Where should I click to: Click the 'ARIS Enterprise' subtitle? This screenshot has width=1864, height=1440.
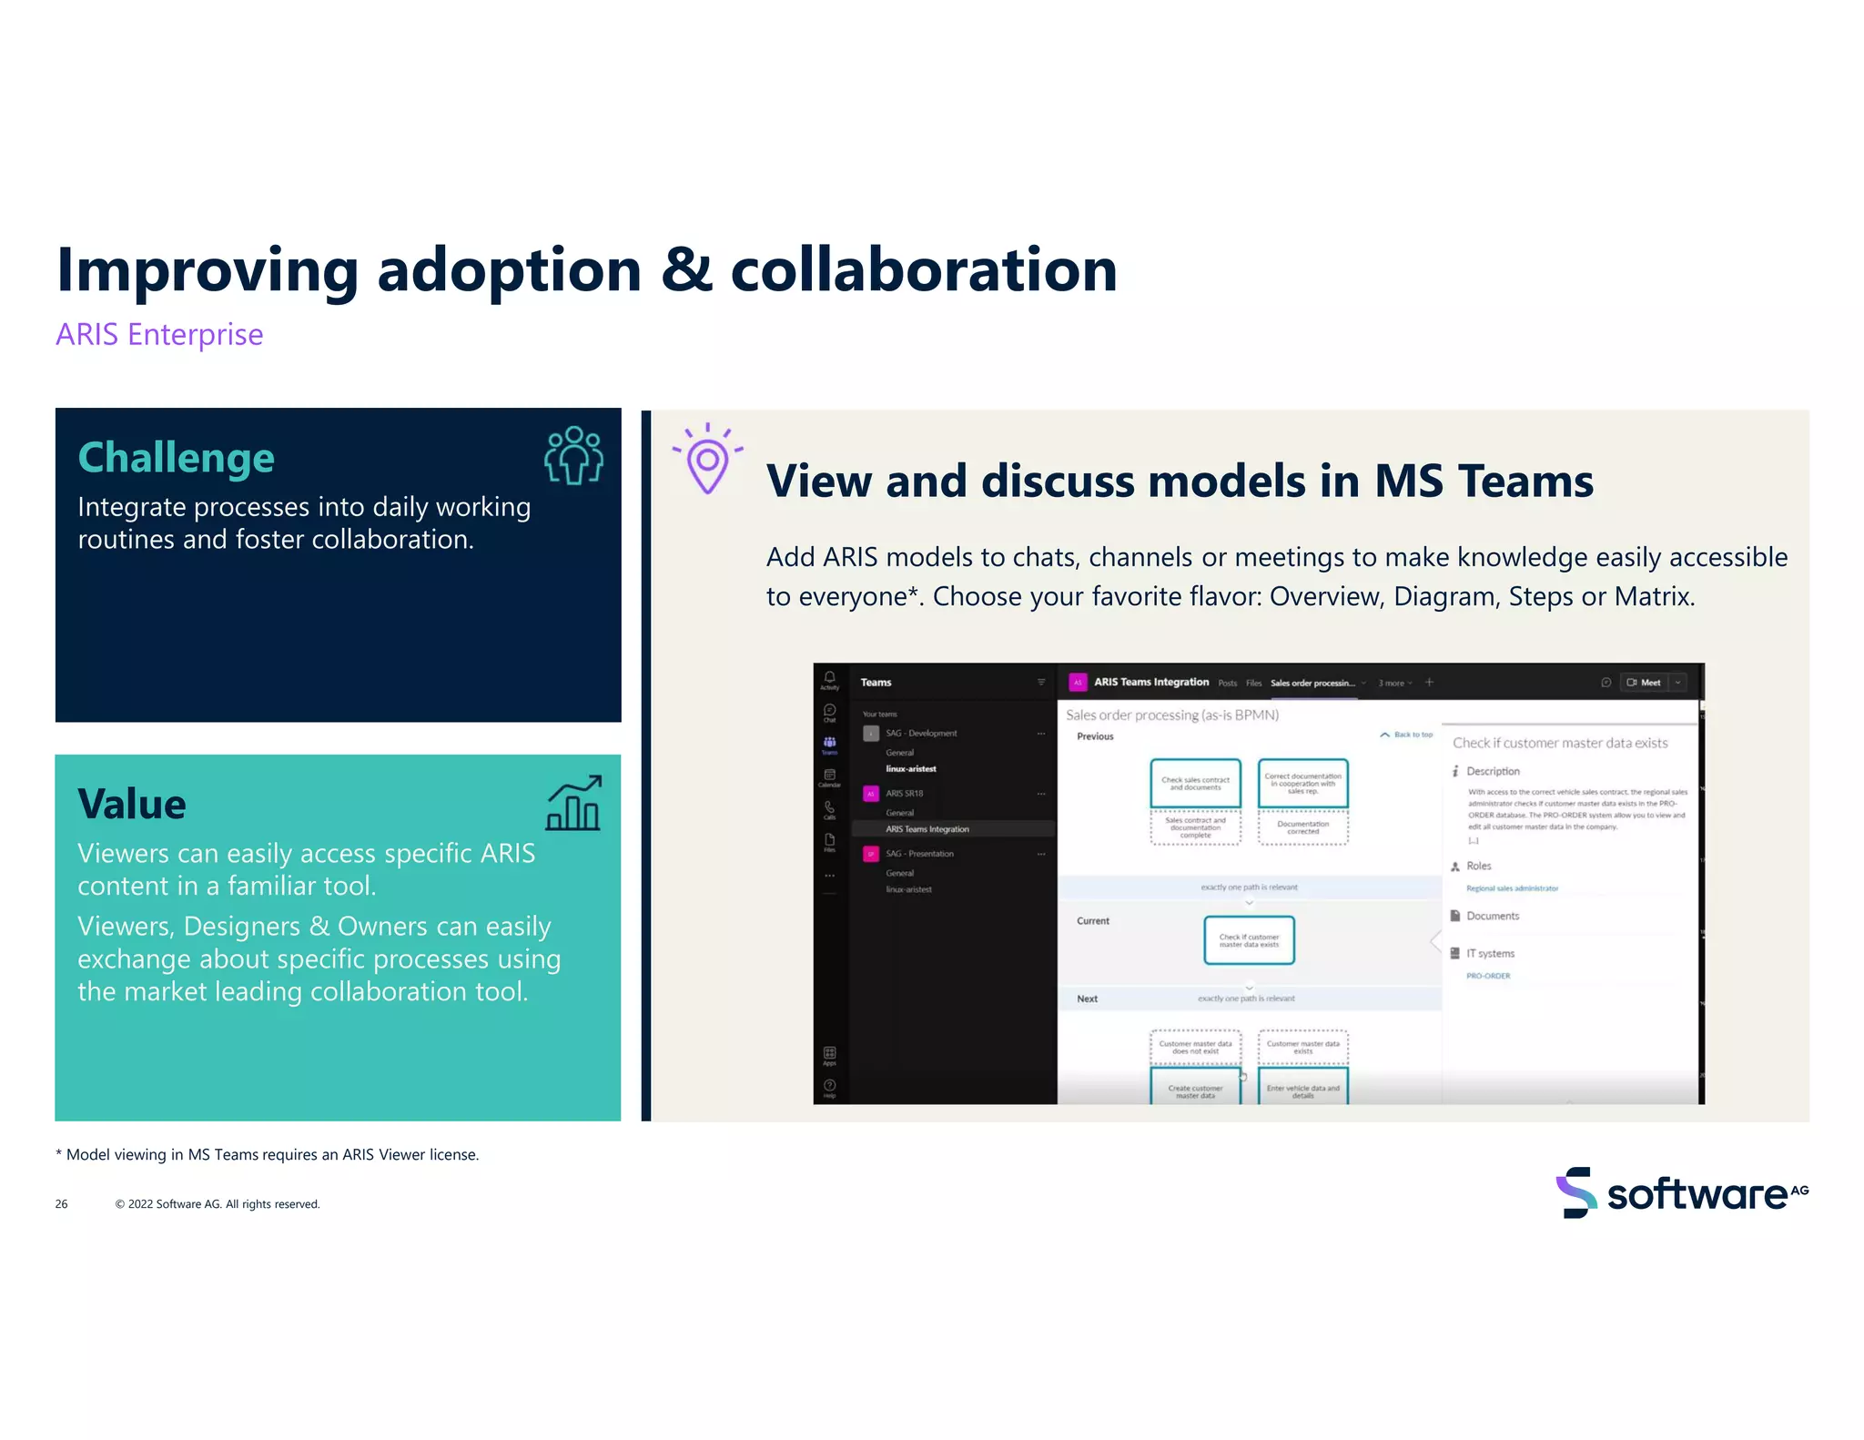pos(159,335)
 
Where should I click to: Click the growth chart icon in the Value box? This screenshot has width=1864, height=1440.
pos(573,803)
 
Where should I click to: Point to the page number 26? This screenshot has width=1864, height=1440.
pos(61,1203)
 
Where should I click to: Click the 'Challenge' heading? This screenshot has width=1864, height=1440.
pos(176,457)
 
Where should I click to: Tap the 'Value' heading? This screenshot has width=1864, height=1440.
pos(132,804)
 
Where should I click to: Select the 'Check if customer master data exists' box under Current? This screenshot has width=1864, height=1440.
pos(1249,940)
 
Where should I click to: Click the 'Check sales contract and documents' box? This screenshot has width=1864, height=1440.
pos(1195,783)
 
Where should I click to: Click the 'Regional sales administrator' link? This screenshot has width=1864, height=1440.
pos(1512,888)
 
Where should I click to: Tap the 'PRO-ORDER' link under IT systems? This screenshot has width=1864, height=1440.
pos(1488,976)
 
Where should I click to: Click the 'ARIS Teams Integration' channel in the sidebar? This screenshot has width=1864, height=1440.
pos(927,829)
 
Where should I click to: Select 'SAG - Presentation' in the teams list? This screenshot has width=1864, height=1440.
pos(919,854)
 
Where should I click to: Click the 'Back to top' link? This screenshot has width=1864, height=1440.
pos(1413,735)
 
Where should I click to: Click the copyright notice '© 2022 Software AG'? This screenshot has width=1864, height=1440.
pos(218,1203)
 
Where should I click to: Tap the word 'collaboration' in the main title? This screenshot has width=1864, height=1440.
pos(923,270)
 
